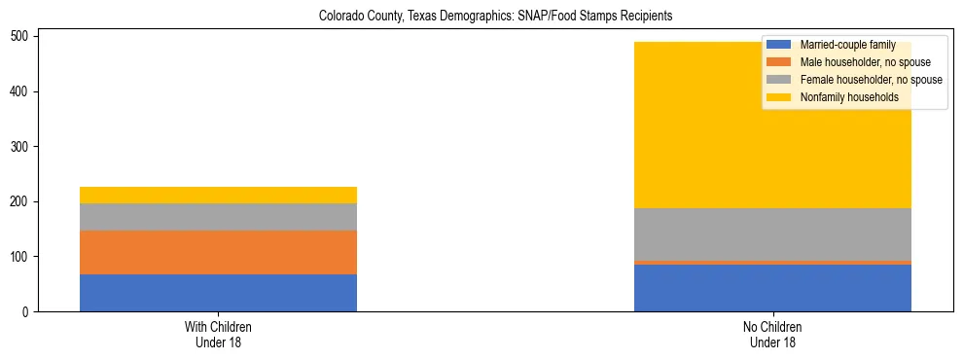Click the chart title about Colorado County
tap(495, 17)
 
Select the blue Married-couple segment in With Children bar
tap(218, 293)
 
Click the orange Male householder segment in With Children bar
tap(218, 252)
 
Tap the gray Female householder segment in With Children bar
tap(218, 217)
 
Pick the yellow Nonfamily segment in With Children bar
tap(218, 195)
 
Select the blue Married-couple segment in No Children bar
tap(772, 288)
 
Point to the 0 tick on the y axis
tap(27, 312)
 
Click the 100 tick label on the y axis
tap(21, 257)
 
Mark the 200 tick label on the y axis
tap(21, 201)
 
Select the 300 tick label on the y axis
tap(21, 147)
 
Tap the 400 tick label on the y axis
tap(21, 91)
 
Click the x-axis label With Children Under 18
tap(218, 335)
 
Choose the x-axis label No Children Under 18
tap(772, 335)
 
